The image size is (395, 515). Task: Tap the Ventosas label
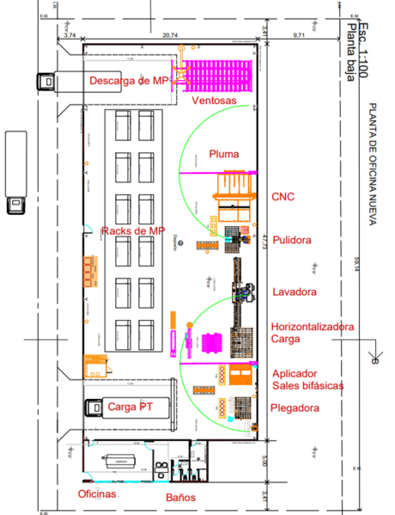214,101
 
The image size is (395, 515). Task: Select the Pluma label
223,154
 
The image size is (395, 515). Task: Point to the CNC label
283,197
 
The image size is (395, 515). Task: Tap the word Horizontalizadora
311,327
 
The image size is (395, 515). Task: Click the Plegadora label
296,408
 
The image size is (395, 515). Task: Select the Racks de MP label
132,231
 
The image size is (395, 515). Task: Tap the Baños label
181,497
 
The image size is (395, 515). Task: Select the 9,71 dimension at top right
300,35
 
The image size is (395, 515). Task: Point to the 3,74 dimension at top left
71,35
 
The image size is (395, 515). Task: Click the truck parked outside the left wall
15,172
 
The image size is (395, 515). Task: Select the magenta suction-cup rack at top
220,71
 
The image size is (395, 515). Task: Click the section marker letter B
376,361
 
